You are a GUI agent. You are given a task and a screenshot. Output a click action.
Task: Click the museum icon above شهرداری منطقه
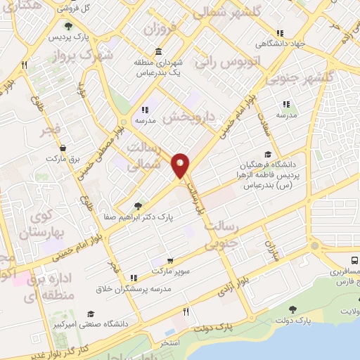[157, 52]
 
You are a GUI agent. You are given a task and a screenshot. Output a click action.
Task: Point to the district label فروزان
[158, 29]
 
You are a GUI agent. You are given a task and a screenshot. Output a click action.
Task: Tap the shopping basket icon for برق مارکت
[64, 148]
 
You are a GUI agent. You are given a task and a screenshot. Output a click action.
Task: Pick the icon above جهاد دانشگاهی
[279, 33]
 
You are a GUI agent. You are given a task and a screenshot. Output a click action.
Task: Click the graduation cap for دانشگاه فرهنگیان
[267, 155]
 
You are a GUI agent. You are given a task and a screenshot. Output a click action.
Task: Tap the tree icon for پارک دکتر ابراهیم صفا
[138, 205]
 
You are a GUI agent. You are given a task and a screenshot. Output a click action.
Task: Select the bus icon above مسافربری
[348, 259]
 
